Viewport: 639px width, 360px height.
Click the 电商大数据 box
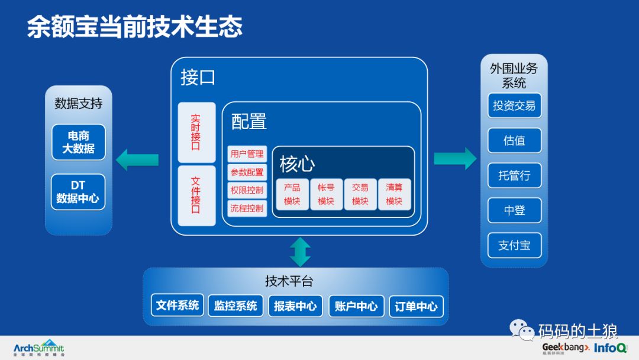78,142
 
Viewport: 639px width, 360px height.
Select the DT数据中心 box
78,192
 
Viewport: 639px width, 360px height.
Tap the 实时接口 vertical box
196,132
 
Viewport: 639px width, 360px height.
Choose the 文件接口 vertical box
196,195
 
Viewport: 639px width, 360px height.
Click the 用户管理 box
247,154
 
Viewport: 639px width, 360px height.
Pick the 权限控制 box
247,190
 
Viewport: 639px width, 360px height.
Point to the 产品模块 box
292,194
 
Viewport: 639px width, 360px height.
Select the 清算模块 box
394,194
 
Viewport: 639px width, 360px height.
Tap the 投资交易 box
514,105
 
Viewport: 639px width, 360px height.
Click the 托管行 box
514,175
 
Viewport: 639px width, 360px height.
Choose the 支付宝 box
514,245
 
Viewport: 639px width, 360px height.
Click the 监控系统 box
235,306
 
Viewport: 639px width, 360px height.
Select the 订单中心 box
416,306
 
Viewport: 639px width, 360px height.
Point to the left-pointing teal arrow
137,159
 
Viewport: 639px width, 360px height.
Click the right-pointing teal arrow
455,158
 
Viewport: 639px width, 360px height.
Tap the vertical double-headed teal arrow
301,252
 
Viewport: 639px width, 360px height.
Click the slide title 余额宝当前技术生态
135,27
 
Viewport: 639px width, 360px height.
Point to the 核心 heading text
297,163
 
